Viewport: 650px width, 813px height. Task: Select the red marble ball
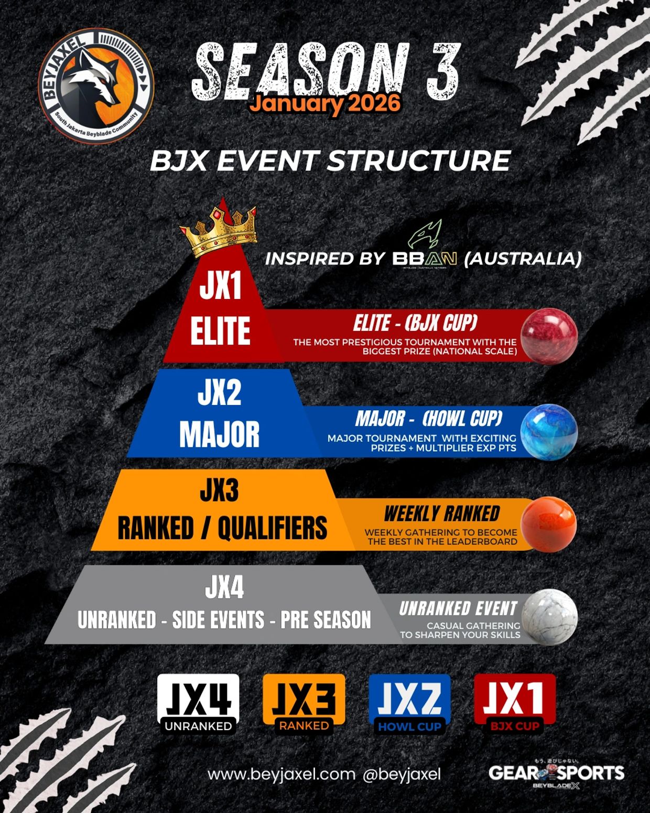(548, 336)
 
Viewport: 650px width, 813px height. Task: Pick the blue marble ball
(548, 432)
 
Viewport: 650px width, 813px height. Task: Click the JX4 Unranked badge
(198, 703)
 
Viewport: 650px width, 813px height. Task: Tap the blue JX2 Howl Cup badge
(410, 703)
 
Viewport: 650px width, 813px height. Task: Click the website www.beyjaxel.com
(281, 774)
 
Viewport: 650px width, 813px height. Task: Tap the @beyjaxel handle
(402, 774)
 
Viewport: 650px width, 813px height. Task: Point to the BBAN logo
(425, 247)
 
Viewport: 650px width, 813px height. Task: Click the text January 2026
(325, 103)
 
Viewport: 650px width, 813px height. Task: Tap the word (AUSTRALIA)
(523, 259)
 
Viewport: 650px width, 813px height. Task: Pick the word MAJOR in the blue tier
(219, 434)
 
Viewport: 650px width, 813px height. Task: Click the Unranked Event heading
(458, 608)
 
